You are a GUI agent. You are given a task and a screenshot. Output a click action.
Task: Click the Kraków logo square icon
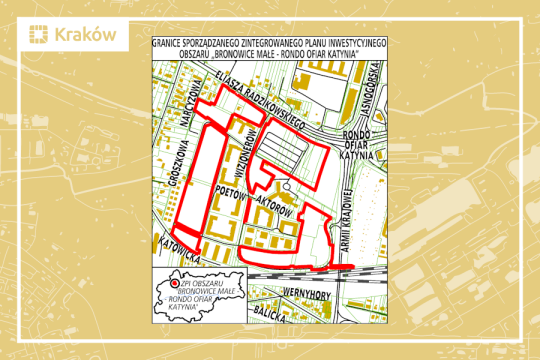click(x=38, y=36)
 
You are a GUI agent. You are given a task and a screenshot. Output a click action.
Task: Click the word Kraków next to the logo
click(x=85, y=36)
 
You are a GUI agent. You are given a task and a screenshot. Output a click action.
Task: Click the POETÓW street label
click(x=231, y=189)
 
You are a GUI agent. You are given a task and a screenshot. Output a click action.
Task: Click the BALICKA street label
click(x=271, y=313)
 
